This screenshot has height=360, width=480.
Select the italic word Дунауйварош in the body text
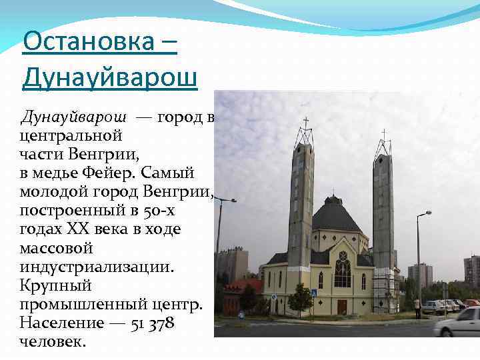(x=74, y=117)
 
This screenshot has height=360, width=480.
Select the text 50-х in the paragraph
(x=158, y=211)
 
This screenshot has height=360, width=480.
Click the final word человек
(x=53, y=341)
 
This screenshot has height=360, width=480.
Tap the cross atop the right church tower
(x=383, y=134)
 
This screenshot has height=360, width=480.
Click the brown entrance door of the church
(x=342, y=307)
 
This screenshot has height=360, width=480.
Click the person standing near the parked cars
(x=417, y=307)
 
